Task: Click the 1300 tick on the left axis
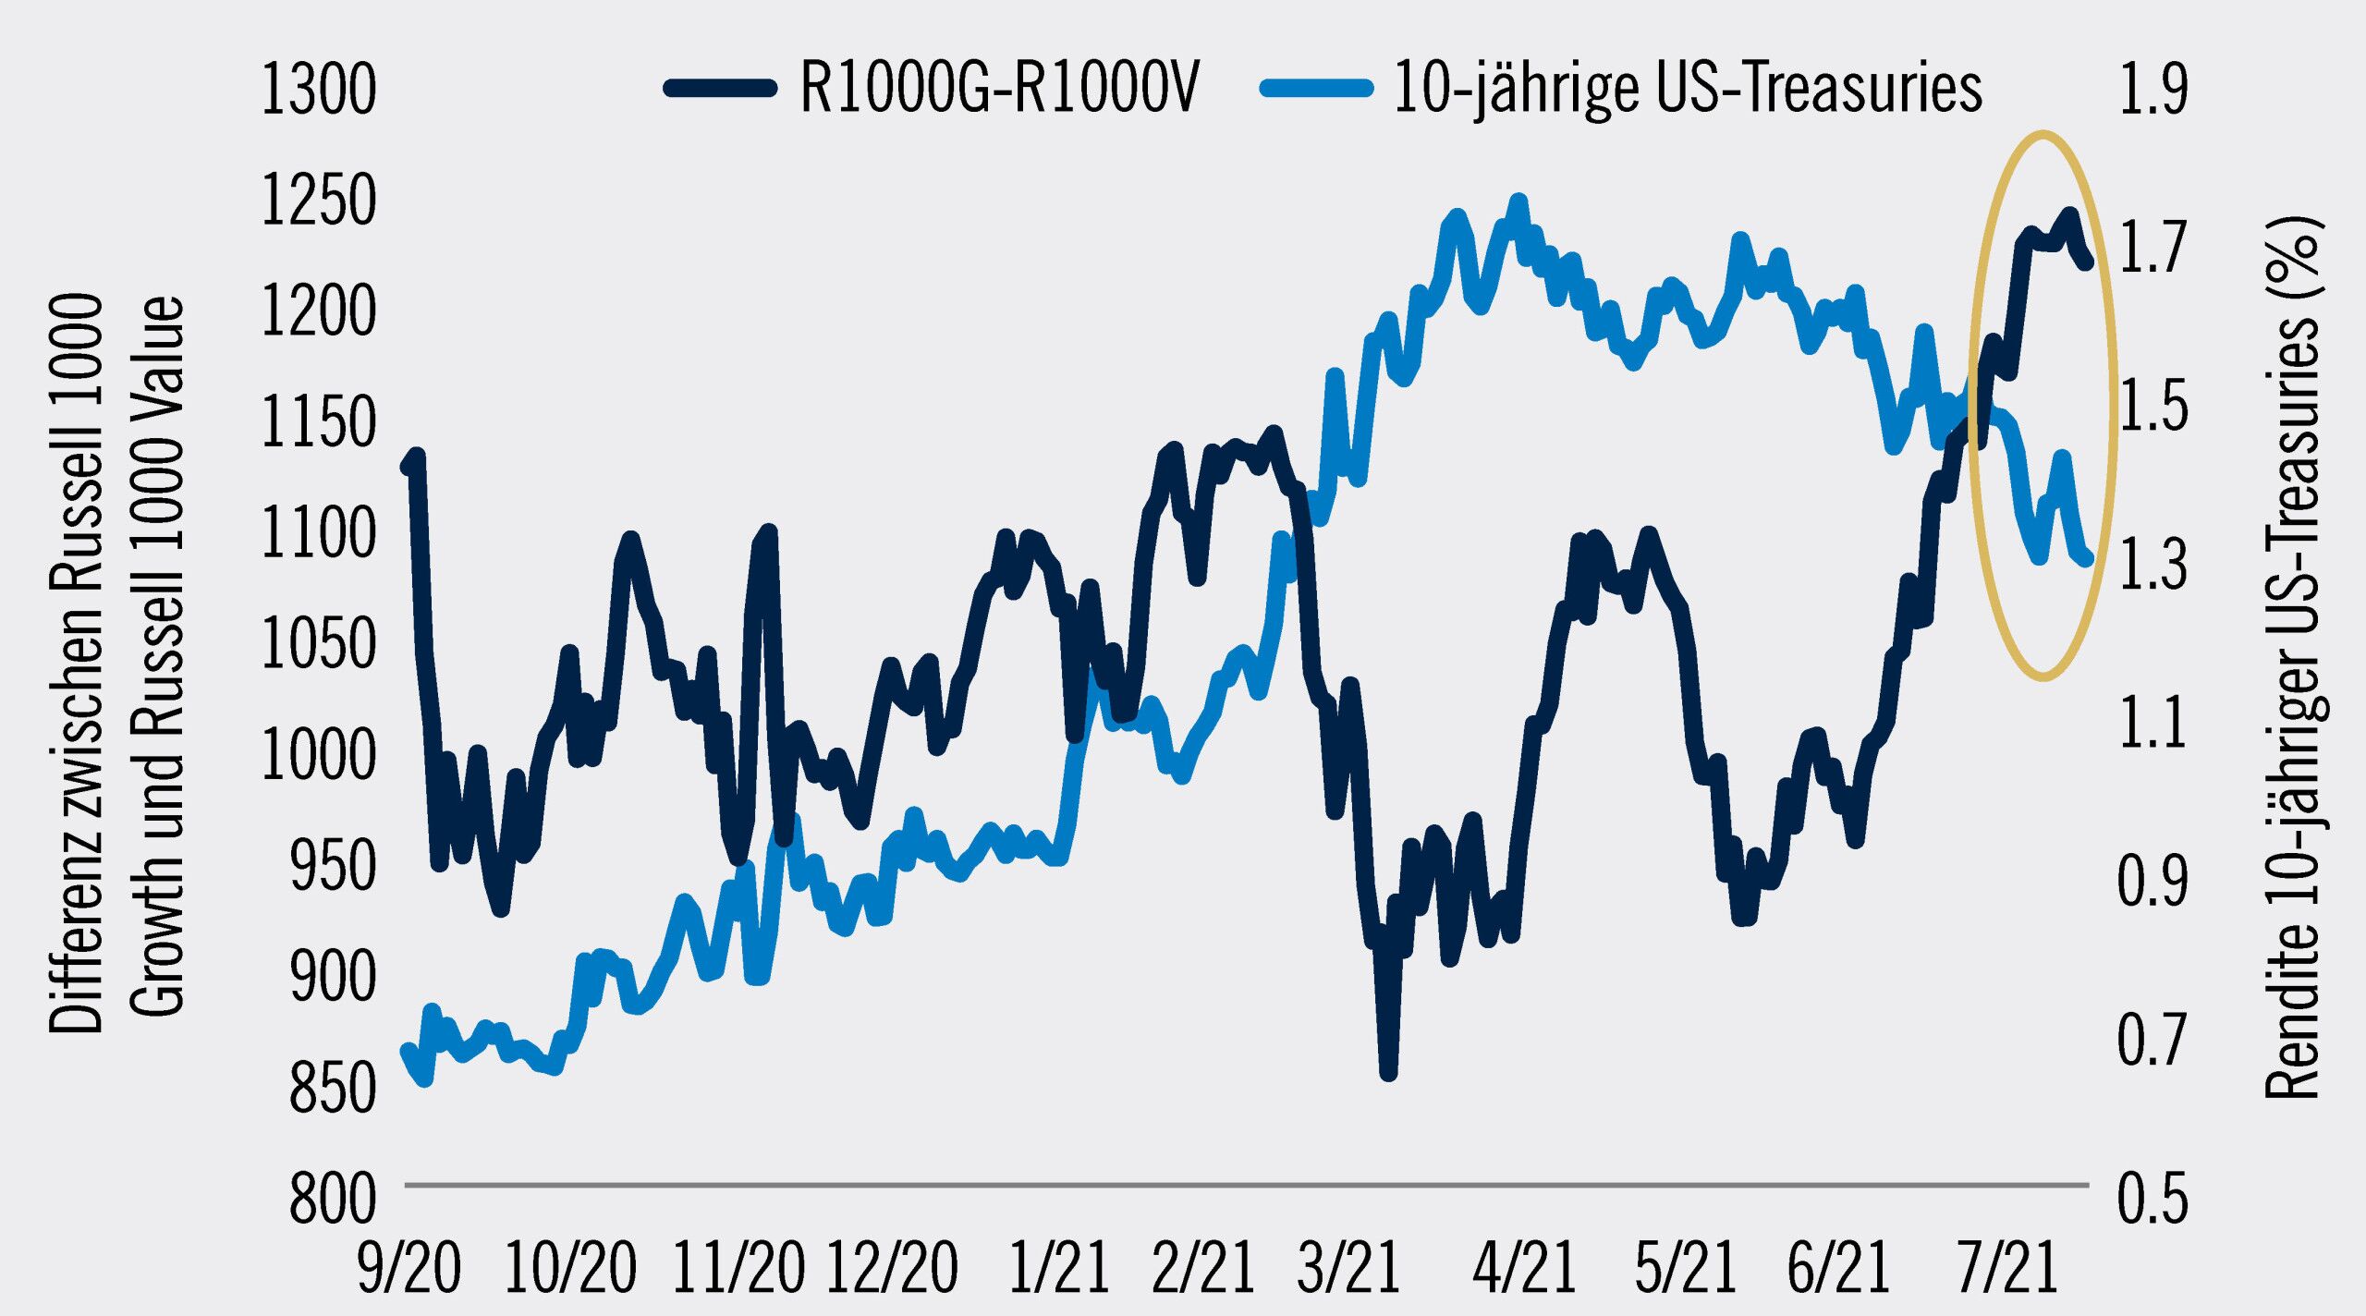319,90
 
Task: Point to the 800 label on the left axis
333,1199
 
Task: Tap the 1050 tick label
319,644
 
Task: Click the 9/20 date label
409,1268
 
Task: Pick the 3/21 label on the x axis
1348,1268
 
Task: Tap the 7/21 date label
2006,1268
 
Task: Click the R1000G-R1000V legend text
999,88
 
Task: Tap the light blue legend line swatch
1316,88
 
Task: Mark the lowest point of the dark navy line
1388,1073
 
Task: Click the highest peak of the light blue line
1518,201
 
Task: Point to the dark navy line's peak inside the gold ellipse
2069,216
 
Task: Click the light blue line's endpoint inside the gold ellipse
2085,557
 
